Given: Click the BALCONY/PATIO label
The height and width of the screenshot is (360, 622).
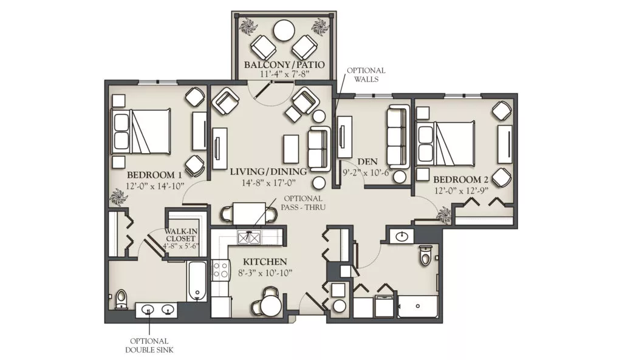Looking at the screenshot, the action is [x=284, y=64].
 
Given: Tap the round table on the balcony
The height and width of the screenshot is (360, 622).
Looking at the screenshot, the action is [x=284, y=30].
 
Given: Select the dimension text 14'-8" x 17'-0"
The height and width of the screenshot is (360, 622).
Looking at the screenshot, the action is [x=268, y=183].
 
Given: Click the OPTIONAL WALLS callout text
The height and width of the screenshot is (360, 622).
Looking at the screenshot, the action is [x=366, y=75].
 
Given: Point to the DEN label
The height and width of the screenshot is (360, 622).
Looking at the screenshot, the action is [x=367, y=161].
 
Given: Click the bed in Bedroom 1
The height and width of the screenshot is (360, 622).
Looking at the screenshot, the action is [x=141, y=132].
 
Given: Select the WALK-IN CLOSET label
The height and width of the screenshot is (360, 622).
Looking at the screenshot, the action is [x=180, y=235].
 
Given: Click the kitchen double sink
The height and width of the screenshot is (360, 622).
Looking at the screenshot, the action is [x=248, y=237].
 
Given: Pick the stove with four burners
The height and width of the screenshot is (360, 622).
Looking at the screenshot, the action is [x=220, y=270].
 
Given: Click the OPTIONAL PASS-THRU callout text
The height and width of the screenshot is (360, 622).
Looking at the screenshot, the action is [x=303, y=203].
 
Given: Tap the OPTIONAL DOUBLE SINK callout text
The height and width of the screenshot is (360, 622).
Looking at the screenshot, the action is [x=149, y=345].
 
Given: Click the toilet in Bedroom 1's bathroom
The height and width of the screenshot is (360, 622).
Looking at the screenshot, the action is [x=121, y=299].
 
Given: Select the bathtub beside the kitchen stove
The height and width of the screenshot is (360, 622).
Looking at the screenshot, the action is [x=197, y=282].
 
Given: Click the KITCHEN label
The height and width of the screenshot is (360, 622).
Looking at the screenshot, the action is [x=265, y=262].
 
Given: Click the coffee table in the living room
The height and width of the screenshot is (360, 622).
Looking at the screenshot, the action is [x=291, y=149].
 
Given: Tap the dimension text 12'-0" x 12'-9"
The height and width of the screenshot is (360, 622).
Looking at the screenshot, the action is [x=460, y=190].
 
